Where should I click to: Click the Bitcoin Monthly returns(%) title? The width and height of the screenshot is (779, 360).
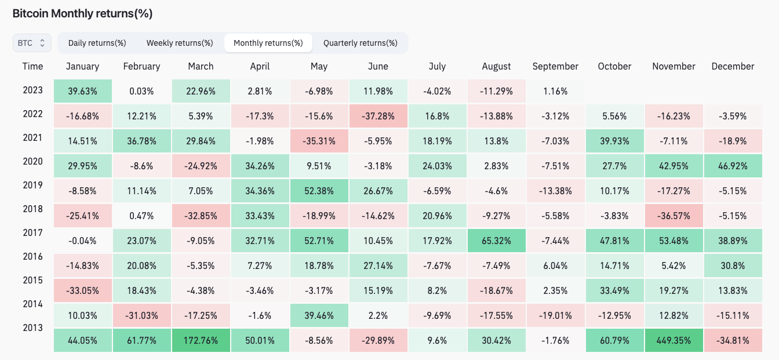point(82,13)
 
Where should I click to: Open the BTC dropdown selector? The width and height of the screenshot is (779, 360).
point(32,43)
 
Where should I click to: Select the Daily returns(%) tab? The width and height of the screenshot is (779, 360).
point(97,43)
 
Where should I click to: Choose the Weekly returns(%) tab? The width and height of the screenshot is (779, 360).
point(180,43)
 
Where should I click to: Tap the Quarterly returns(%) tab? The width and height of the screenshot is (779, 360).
point(360,43)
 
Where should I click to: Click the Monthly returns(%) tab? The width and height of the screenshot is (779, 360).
point(268,43)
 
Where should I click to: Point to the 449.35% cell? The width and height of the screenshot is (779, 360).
point(674,340)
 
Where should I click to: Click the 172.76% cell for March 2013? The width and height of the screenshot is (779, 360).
point(201,340)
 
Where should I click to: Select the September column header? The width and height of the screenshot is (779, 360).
point(555,66)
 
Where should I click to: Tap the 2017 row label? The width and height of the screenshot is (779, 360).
point(32,232)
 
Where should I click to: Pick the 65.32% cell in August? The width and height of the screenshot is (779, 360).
point(496,240)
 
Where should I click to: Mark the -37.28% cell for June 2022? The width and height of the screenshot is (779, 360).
point(378,116)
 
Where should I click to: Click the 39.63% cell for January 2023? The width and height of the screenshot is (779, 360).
point(82,91)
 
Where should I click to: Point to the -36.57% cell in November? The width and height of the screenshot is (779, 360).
point(674,216)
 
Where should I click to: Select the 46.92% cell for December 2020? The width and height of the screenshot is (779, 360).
point(733,166)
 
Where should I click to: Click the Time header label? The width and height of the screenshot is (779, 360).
point(32,66)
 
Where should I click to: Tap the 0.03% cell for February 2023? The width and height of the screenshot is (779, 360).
point(141,91)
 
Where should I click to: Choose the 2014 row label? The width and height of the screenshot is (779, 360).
point(32,303)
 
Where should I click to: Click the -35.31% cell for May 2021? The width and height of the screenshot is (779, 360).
point(319,141)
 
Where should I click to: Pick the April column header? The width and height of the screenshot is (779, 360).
point(260,66)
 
